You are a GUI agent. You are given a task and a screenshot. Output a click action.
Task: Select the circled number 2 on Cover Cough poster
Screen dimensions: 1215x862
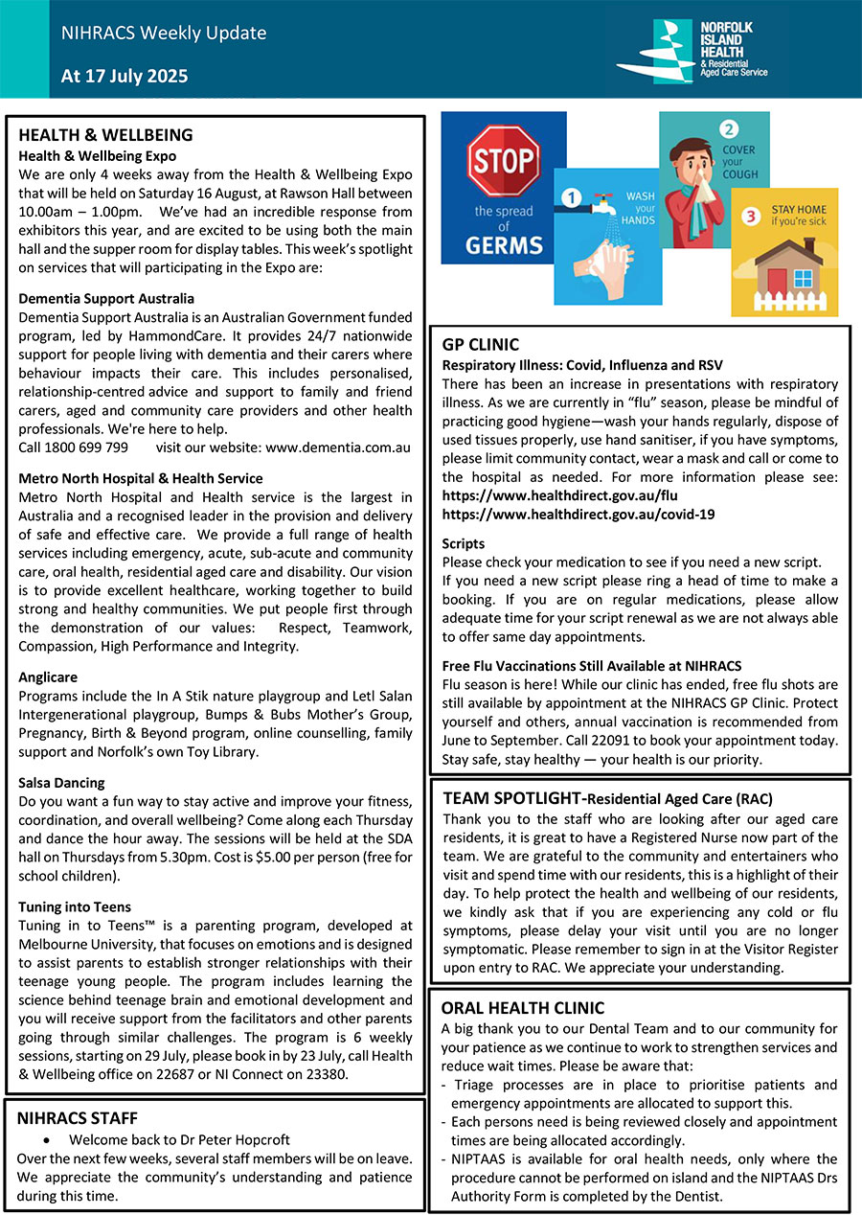point(730,129)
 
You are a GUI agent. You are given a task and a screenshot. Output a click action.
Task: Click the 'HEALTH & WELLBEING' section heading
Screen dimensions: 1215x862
point(105,135)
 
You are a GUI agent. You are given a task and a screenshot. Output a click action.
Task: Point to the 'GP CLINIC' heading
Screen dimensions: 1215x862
point(480,345)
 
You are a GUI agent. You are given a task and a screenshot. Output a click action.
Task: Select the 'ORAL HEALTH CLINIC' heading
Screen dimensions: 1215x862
point(523,1008)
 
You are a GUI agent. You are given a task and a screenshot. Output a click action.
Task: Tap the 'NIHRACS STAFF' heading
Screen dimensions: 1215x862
point(78,1117)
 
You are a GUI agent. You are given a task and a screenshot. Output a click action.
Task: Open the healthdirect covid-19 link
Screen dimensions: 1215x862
point(578,514)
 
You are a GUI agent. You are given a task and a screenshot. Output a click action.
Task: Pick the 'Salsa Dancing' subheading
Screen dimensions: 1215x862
point(61,783)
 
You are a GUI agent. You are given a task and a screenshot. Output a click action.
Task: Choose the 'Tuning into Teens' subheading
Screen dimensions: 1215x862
point(75,906)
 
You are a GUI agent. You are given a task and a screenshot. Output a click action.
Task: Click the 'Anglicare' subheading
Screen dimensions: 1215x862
point(48,677)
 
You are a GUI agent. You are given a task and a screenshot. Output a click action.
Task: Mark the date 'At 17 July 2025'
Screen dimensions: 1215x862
point(125,77)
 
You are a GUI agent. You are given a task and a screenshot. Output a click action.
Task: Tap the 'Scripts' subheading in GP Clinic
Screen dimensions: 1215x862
point(464,543)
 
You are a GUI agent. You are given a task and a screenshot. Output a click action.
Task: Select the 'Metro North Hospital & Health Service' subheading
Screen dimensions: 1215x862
point(141,478)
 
